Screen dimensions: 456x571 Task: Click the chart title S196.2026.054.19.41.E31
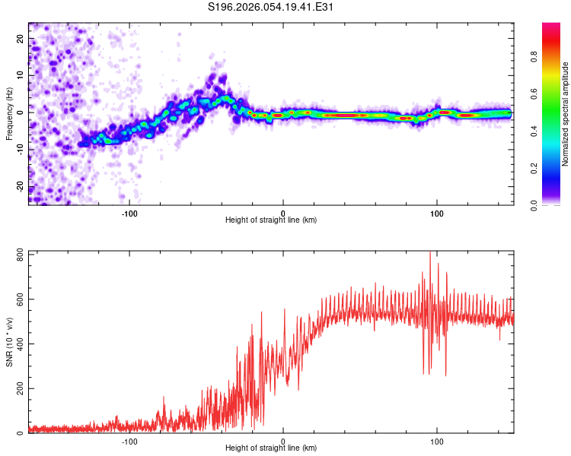point(272,8)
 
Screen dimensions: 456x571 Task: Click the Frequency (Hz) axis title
point(10,113)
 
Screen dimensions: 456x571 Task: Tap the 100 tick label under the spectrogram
point(437,212)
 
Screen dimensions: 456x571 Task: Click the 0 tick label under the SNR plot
point(283,441)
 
